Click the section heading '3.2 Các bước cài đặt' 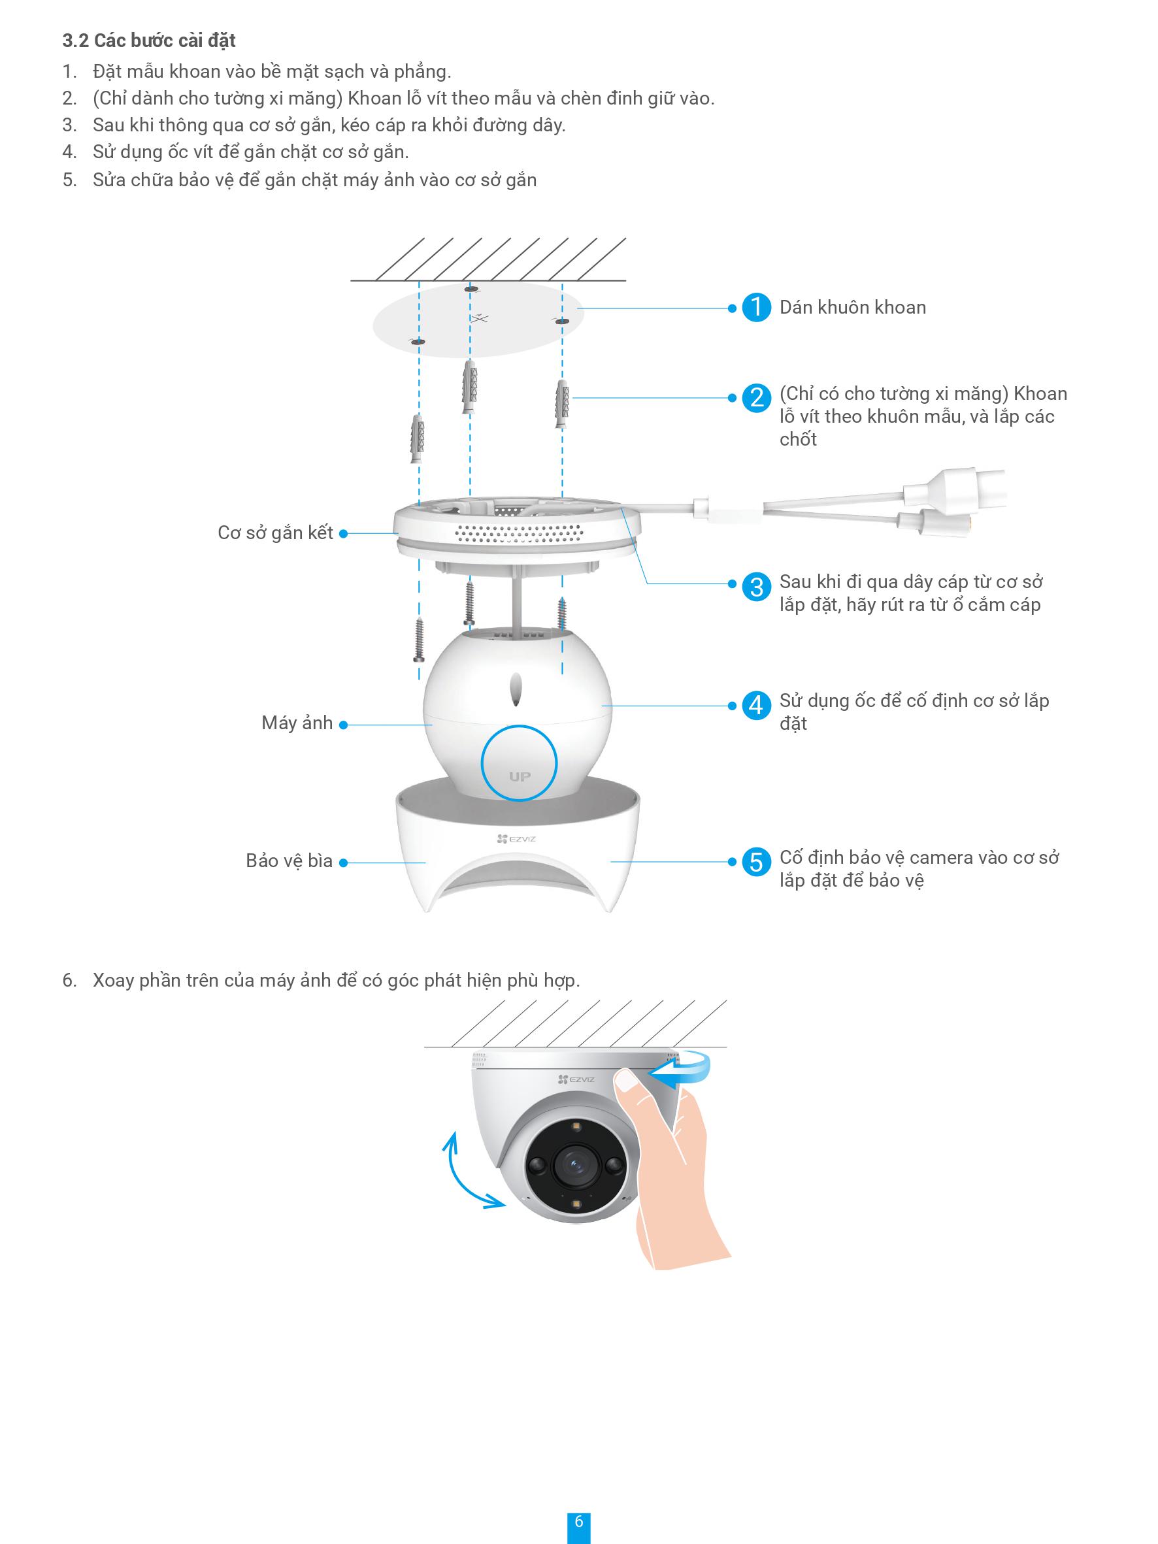149,41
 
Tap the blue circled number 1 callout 756,308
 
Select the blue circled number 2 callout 756,398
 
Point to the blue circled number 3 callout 756,586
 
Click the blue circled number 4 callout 756,705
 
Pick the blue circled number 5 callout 756,862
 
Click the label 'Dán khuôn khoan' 852,308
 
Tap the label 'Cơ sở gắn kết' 275,533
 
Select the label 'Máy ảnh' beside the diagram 297,723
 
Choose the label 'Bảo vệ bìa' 289,861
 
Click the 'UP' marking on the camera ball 520,776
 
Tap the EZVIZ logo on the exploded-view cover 516,839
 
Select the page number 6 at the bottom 578,1522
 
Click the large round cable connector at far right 956,490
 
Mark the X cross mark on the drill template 479,318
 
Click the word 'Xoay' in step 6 113,981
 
